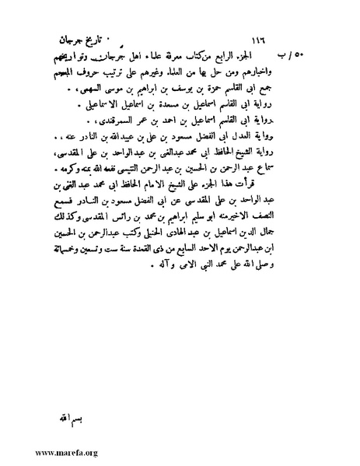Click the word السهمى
pyautogui.click(x=106, y=95)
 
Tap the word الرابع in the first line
pyautogui.click(x=254, y=59)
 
